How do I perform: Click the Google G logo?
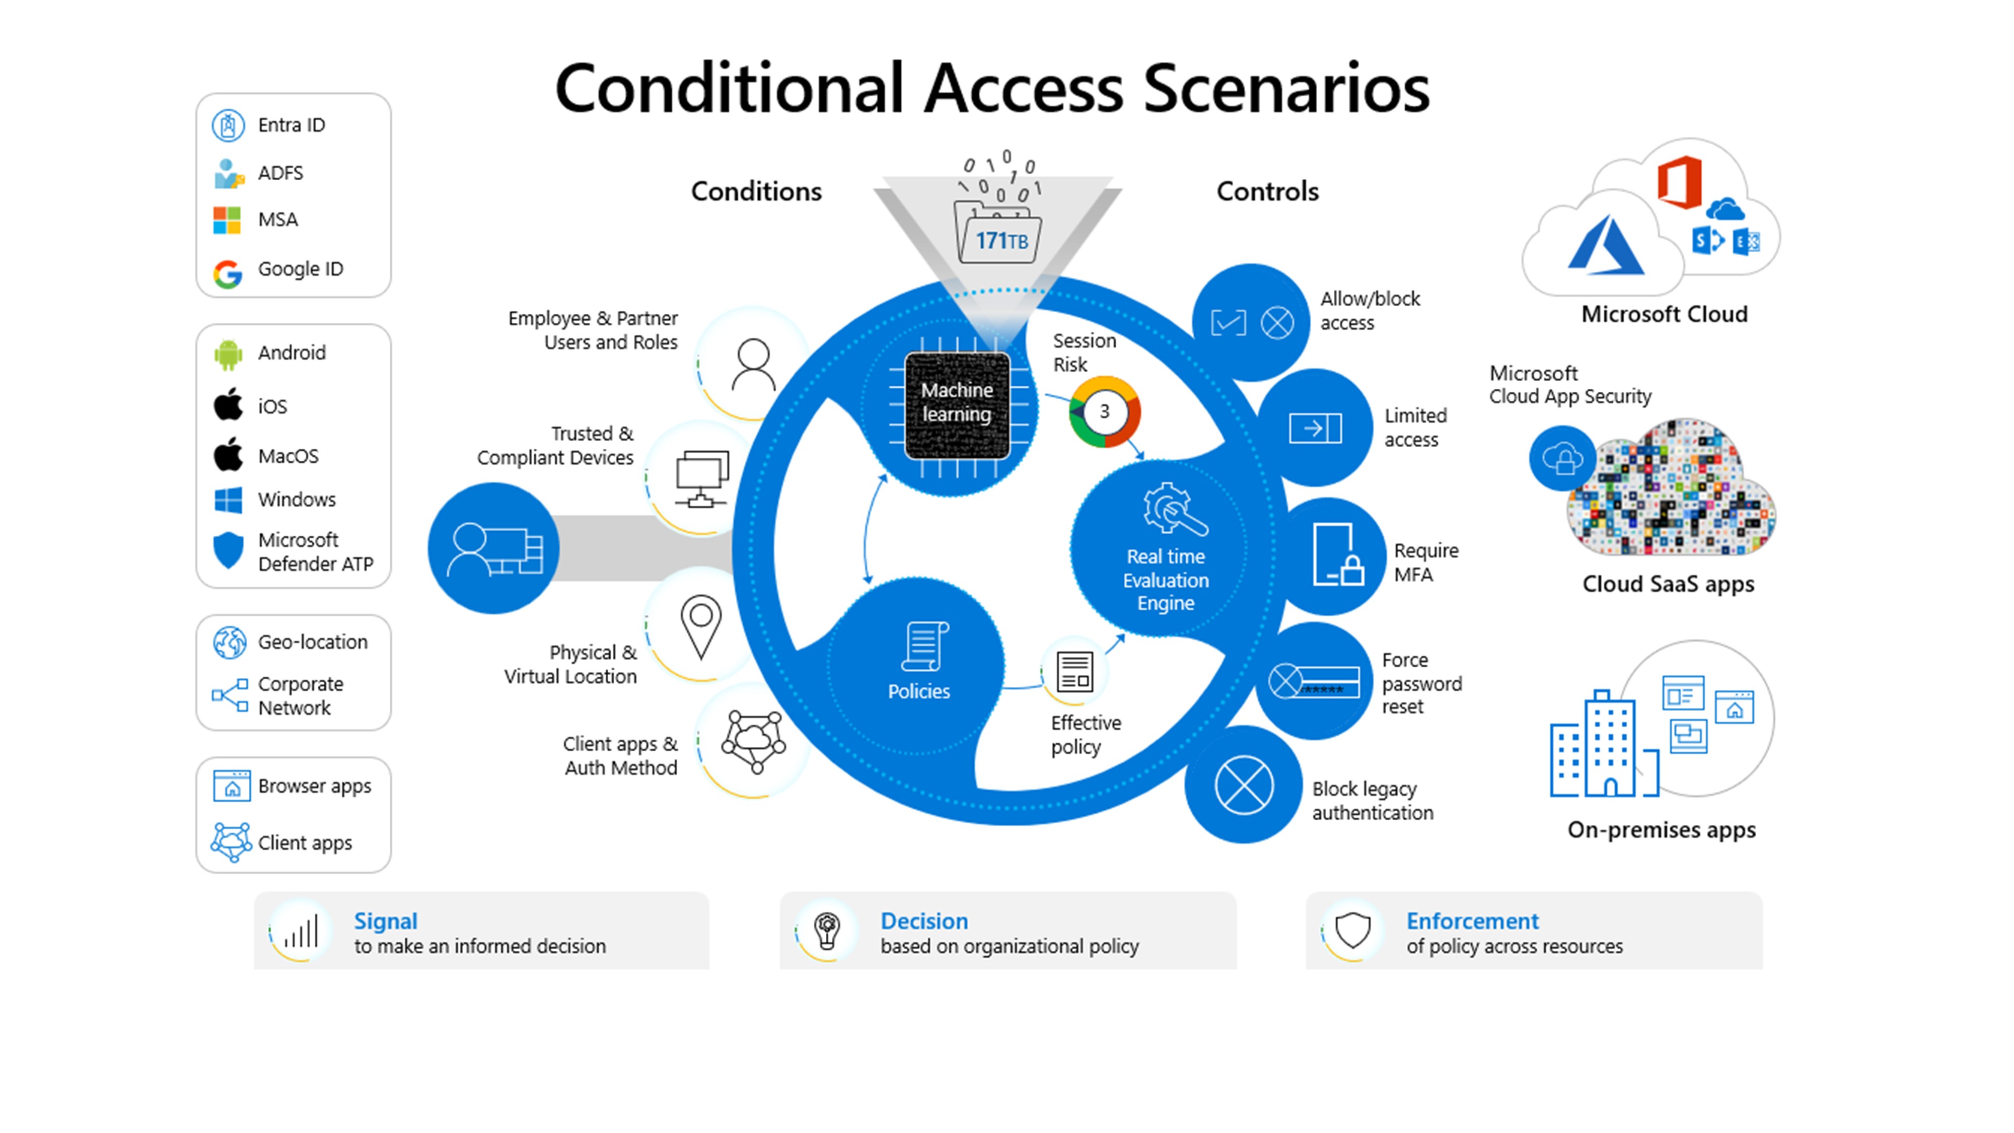(228, 273)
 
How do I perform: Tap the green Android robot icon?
(228, 354)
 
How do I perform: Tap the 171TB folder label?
(1001, 240)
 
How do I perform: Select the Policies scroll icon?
(925, 646)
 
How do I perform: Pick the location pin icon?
(700, 625)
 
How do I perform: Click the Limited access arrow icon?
(1316, 428)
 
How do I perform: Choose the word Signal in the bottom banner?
(386, 921)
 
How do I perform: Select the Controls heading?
(1267, 191)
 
